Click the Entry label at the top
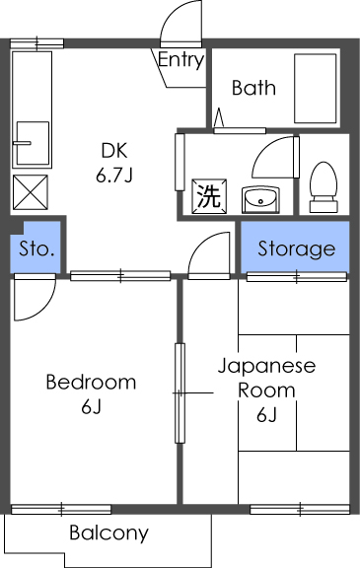pos(180,60)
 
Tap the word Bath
pos(253,88)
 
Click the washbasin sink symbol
pos(260,197)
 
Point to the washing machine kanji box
pos(208,195)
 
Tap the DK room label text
pos(114,152)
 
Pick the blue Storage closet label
pos(296,248)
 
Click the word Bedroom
pos(91,383)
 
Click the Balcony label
pos(108,533)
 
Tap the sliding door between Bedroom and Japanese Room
pos(180,392)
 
